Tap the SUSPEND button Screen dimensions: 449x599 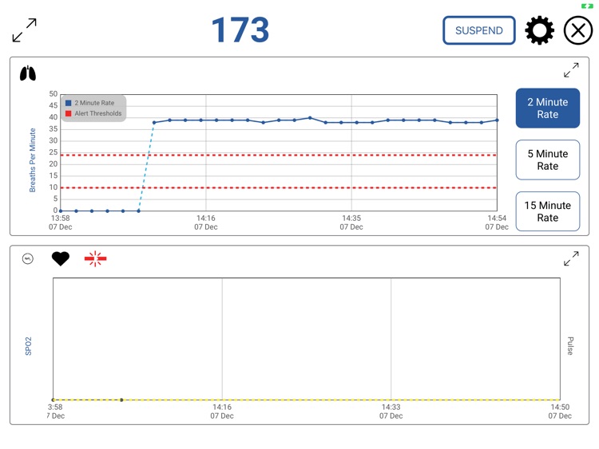(x=479, y=30)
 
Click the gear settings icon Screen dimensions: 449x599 (x=539, y=30)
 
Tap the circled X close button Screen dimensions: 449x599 (x=578, y=30)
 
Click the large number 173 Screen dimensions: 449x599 (x=240, y=30)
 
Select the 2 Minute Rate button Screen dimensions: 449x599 (x=547, y=108)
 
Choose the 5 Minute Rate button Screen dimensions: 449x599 (x=547, y=160)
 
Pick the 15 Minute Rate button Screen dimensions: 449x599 (x=547, y=211)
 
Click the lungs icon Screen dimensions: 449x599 (x=28, y=73)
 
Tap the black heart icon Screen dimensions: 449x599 (x=61, y=258)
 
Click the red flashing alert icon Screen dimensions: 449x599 (x=95, y=258)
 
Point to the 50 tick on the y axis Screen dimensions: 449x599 (x=53, y=94)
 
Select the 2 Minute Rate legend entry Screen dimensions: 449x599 (x=94, y=103)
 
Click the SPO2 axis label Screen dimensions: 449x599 (x=28, y=345)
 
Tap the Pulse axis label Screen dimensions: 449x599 (x=570, y=345)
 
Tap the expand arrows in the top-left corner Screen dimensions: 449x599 (x=25, y=30)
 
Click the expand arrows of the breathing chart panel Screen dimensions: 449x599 (x=571, y=70)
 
